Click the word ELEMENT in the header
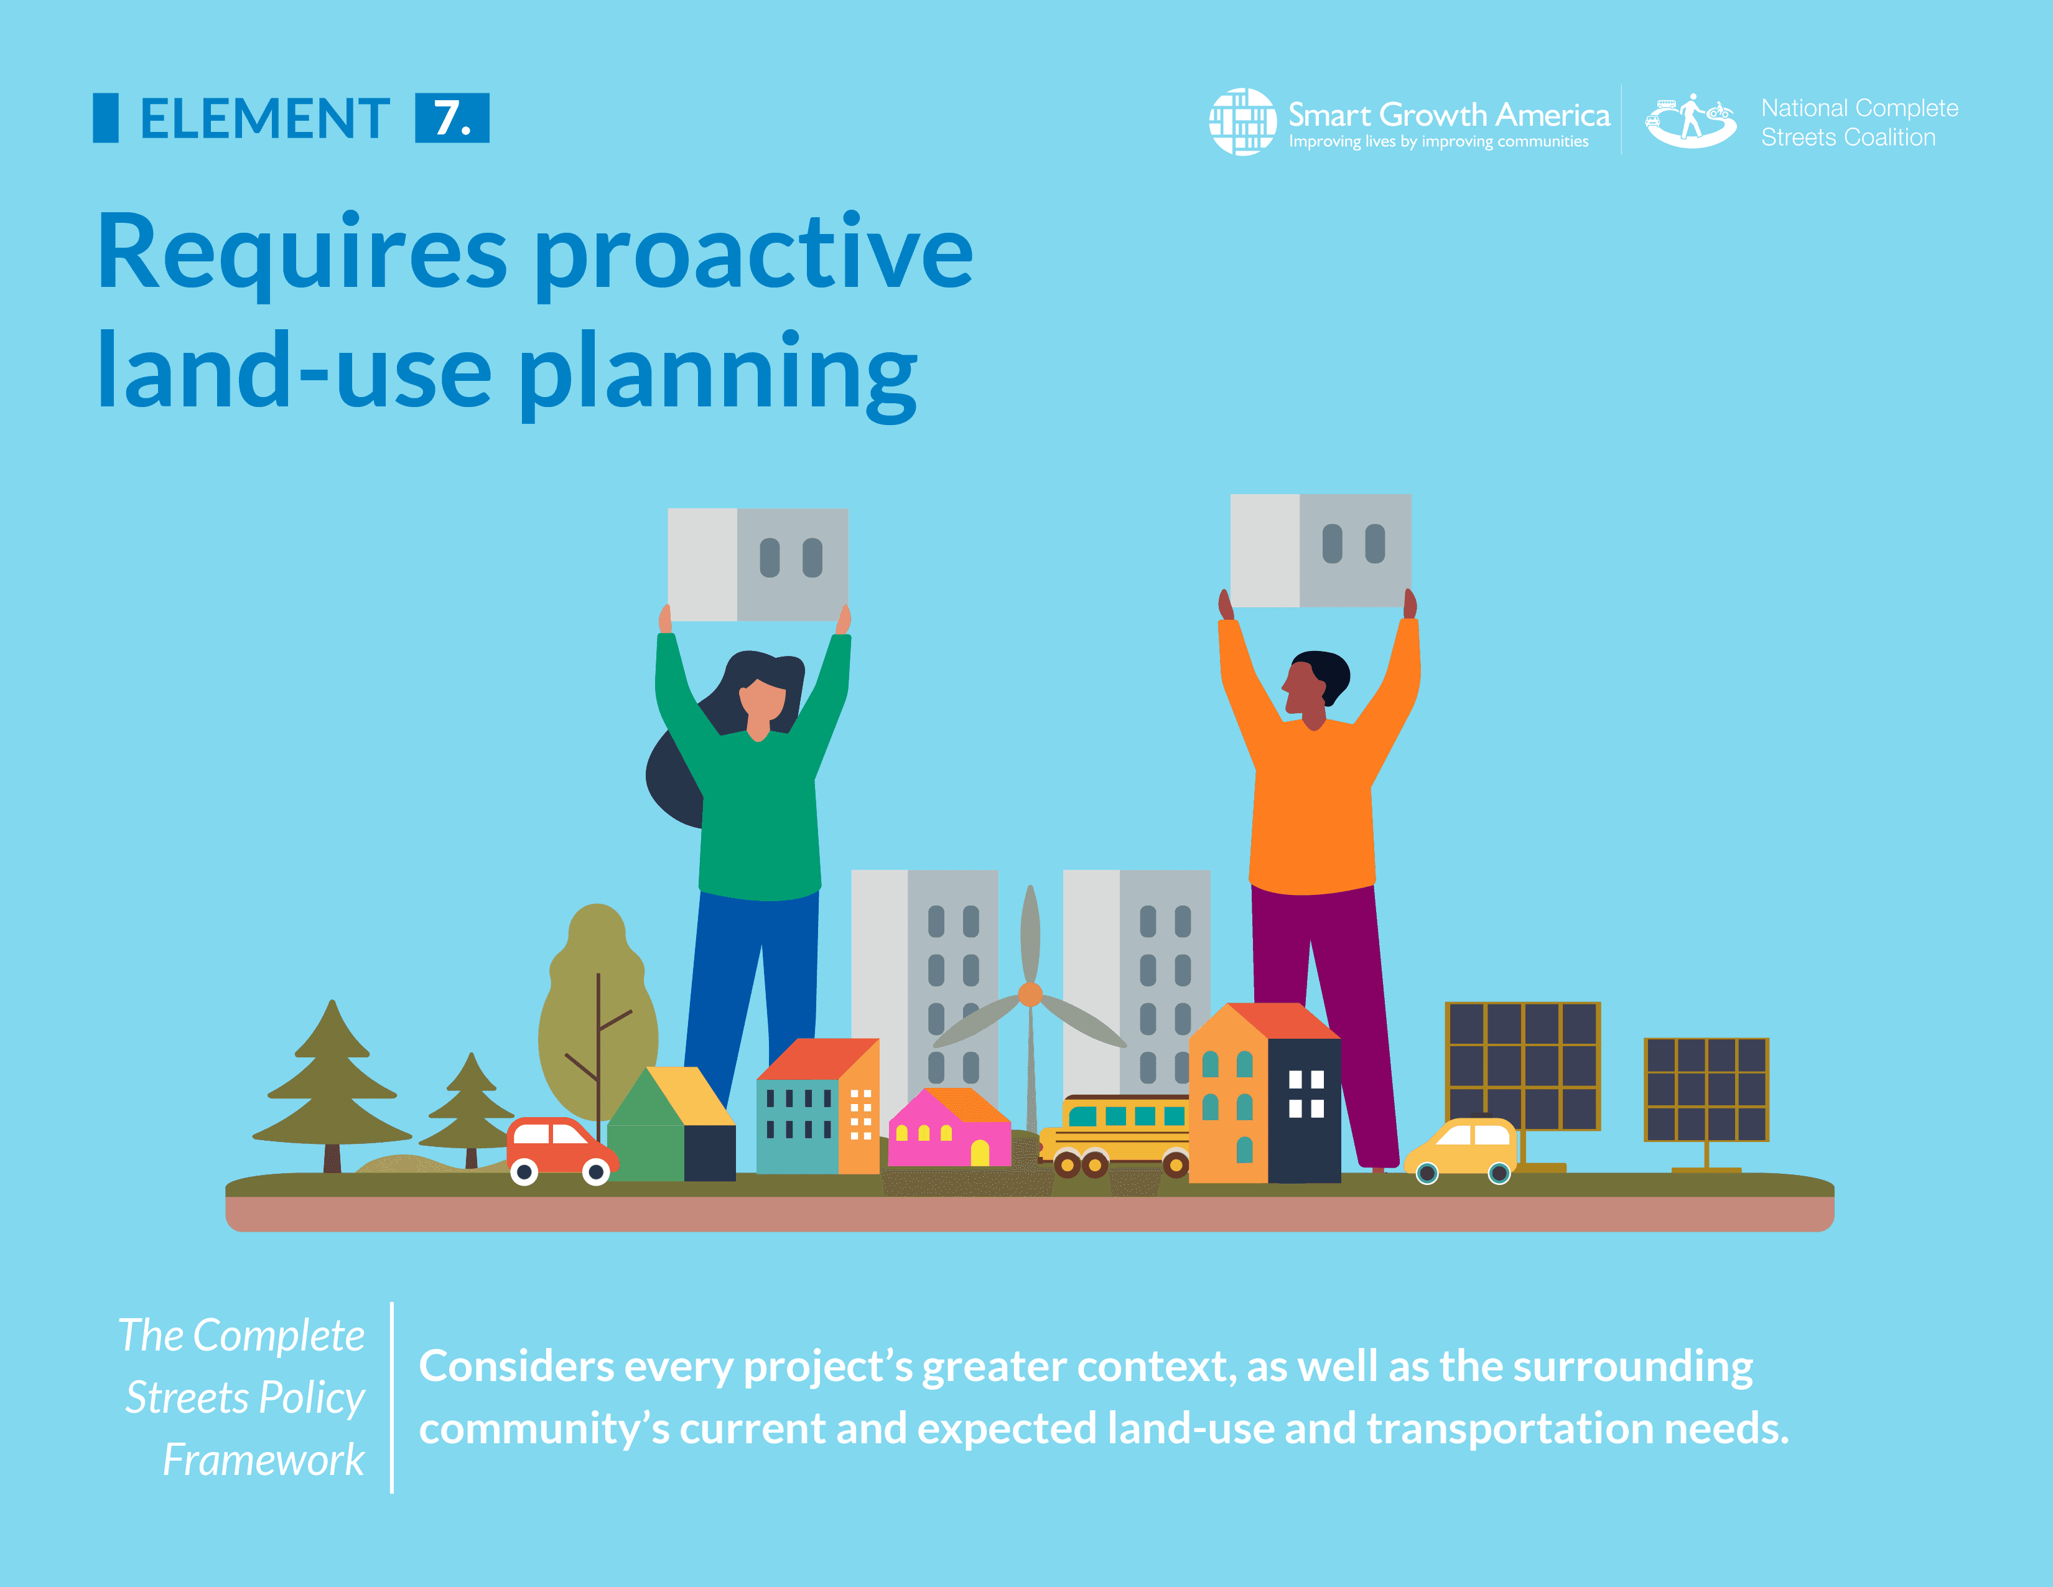click(x=264, y=118)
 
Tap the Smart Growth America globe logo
click(x=1242, y=121)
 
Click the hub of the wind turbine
click(x=1030, y=994)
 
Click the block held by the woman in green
click(x=758, y=564)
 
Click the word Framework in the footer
click(x=263, y=1460)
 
